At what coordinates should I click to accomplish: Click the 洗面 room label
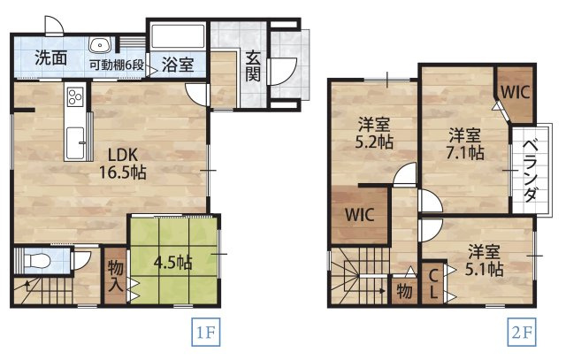51,58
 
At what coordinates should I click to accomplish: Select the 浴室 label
177,64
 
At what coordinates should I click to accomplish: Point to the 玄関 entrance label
252,67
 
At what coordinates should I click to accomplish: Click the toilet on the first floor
37,261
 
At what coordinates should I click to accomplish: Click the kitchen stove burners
74,97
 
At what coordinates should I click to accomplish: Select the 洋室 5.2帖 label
375,133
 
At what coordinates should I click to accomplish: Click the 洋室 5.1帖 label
486,258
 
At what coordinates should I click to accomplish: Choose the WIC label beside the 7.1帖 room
514,90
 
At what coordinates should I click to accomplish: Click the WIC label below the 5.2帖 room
360,214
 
